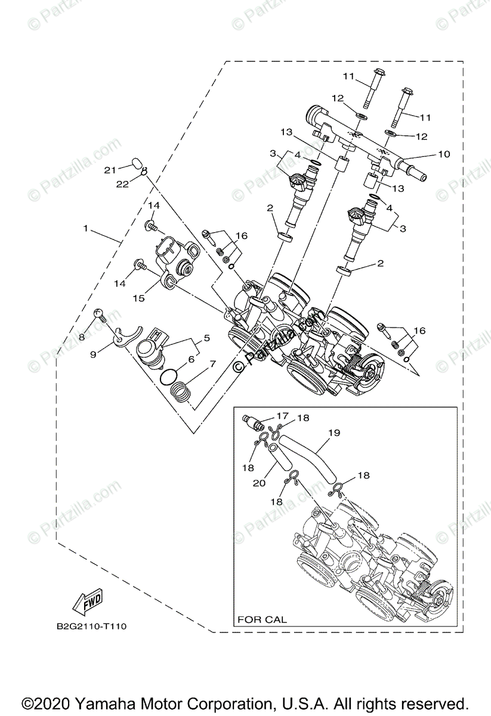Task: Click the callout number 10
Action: [x=443, y=155]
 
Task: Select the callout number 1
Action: [x=87, y=229]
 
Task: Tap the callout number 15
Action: [x=138, y=297]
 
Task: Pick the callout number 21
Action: [x=109, y=170]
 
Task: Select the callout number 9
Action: [x=93, y=354]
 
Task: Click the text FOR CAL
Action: [x=262, y=619]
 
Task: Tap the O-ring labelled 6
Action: [x=169, y=375]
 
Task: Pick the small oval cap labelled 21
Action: [x=136, y=163]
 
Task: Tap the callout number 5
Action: [x=206, y=338]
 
